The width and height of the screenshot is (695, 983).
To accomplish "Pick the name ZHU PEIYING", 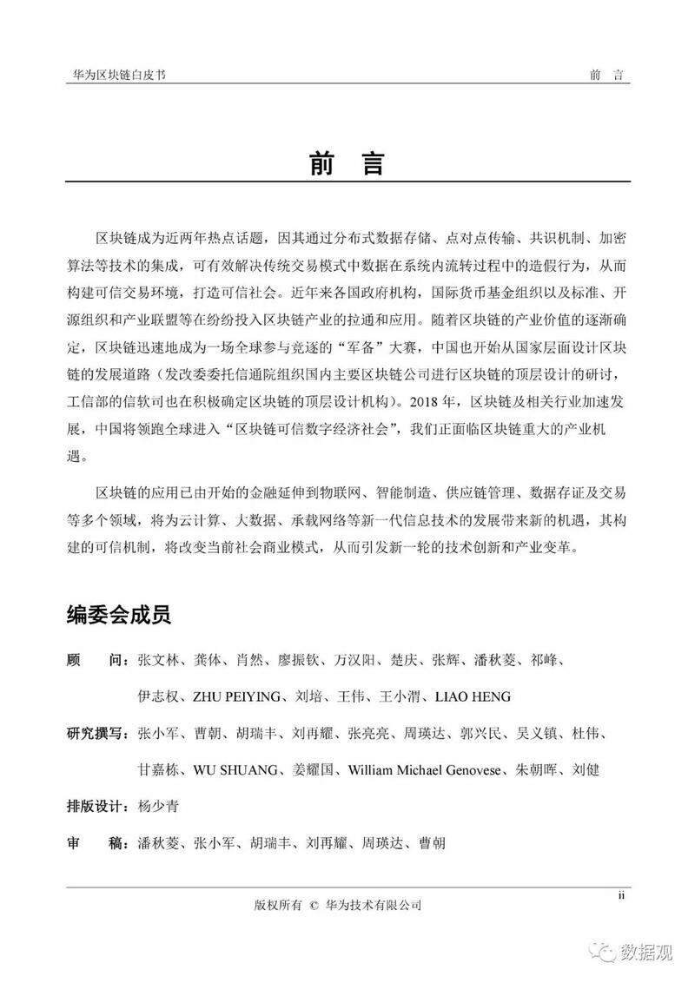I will pyautogui.click(x=225, y=696).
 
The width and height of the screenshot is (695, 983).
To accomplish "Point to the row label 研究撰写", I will pyautogui.click(x=96, y=734).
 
